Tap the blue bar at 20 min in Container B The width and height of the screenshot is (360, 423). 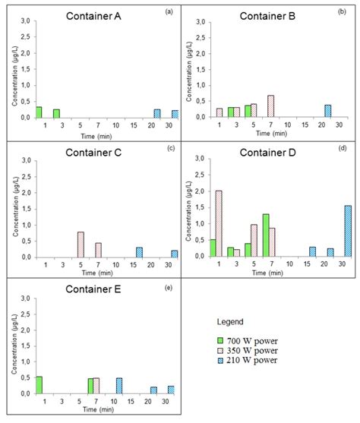(x=328, y=111)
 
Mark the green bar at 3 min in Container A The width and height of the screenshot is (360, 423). (x=56, y=114)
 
